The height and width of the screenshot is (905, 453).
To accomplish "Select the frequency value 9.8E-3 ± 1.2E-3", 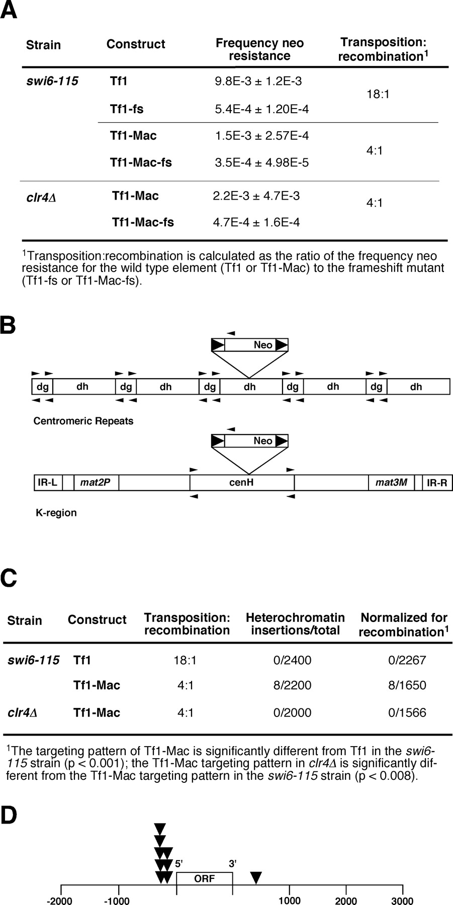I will (258, 81).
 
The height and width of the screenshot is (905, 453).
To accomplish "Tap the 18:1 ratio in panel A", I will (378, 95).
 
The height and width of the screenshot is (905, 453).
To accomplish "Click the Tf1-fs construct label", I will (127, 109).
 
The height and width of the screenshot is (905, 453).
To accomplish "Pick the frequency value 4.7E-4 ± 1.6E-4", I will (256, 222).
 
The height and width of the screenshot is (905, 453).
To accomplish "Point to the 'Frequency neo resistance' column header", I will (259, 49).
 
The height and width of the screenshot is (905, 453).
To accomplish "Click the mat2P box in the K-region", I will (96, 483).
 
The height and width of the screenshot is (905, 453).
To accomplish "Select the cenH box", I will (242, 483).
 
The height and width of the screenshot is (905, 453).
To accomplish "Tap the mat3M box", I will (392, 483).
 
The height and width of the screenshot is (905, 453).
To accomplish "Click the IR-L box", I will (47, 483).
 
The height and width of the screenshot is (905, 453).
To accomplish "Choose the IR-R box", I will (437, 483).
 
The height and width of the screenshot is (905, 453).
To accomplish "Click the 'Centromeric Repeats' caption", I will (83, 421).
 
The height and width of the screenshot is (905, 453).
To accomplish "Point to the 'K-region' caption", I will (56, 513).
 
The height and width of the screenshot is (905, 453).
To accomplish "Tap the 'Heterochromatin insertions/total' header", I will (295, 623).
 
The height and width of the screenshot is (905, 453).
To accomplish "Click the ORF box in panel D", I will (204, 878).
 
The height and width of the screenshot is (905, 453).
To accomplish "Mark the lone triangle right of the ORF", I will (256, 878).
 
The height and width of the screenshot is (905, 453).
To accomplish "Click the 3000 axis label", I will (402, 900).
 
